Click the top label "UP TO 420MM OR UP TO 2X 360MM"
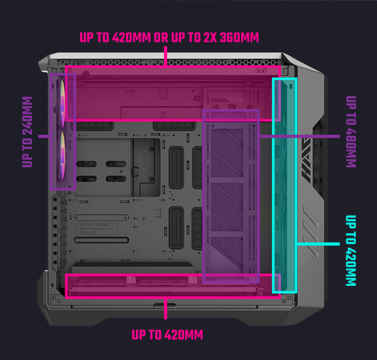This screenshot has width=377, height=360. click(x=169, y=38)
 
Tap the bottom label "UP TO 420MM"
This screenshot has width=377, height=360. click(x=167, y=335)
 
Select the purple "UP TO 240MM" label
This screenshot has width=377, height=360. click(x=27, y=132)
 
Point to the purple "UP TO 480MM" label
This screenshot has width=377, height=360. click(x=351, y=132)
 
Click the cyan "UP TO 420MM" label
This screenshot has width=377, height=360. click(x=351, y=250)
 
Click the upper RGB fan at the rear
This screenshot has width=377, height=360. click(x=62, y=103)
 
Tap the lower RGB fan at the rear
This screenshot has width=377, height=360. click(x=62, y=155)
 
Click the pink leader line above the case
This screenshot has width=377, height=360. click(x=165, y=56)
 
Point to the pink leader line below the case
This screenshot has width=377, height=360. click(x=165, y=309)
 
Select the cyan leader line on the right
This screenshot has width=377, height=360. click(x=318, y=244)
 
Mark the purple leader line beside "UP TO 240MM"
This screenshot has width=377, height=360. click(x=44, y=137)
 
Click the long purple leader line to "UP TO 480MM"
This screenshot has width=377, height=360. click(x=300, y=137)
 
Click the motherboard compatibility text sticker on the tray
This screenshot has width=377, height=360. click(x=97, y=229)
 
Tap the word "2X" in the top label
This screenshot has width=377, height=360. click(x=210, y=38)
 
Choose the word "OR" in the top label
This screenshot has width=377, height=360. click(x=161, y=38)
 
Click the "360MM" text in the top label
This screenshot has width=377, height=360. click(x=240, y=38)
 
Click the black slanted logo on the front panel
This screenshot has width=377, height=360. click(x=308, y=158)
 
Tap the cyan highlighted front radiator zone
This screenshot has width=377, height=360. click(x=284, y=186)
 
